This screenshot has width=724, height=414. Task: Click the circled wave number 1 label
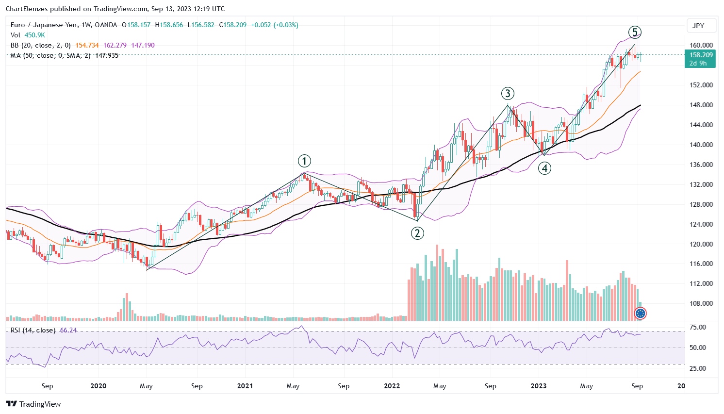tap(304, 161)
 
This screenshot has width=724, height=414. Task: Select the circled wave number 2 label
tap(417, 233)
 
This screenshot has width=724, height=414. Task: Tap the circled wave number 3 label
tap(508, 94)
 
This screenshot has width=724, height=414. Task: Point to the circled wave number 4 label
tap(544, 168)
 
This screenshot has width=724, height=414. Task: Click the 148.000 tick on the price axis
tap(701, 105)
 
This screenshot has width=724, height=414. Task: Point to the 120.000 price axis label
tap(701, 244)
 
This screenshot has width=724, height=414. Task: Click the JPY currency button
tap(698, 26)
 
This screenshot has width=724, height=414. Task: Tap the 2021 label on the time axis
tap(245, 386)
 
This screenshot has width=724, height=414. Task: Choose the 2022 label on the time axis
tap(392, 386)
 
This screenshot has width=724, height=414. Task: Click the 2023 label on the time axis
tap(539, 386)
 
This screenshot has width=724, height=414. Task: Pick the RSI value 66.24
tap(68, 330)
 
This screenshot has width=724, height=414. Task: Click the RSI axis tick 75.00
tap(698, 328)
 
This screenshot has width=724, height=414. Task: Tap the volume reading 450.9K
tap(35, 35)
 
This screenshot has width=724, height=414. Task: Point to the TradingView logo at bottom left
tap(33, 404)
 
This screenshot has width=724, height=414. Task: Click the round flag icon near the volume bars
tap(641, 314)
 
